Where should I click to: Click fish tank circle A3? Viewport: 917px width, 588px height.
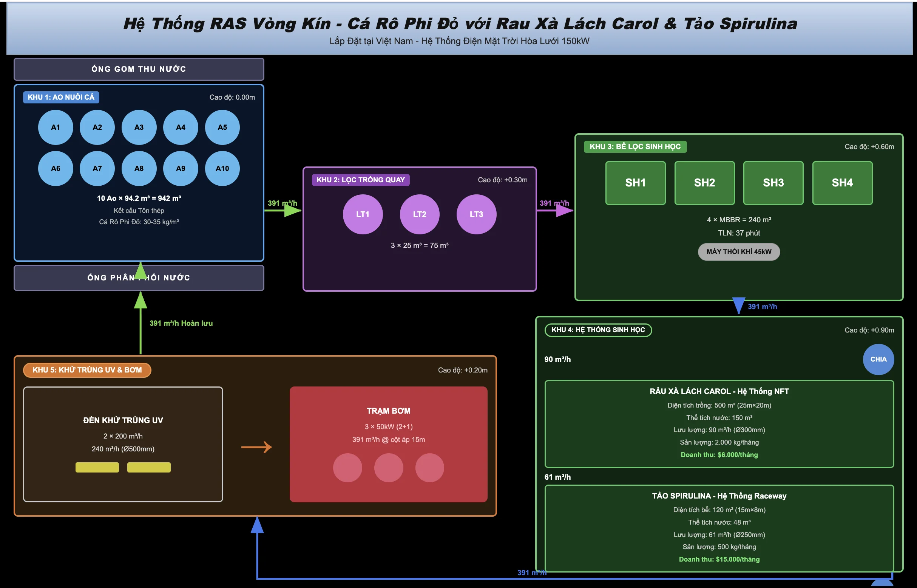139,127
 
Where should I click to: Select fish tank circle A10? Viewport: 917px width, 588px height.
222,168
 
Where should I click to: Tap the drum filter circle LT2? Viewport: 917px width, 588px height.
420,214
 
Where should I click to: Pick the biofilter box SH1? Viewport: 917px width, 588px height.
635,183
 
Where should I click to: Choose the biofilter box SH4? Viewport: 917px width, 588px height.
843,183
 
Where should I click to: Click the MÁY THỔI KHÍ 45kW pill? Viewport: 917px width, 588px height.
739,252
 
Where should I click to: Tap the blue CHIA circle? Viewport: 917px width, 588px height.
878,359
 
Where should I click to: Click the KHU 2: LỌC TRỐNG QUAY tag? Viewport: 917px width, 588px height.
361,180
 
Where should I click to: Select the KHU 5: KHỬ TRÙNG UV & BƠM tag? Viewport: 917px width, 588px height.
87,370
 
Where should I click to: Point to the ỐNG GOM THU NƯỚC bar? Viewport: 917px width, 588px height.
139,69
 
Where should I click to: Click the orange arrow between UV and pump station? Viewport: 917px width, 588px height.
256,447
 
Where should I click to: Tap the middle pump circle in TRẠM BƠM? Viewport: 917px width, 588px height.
389,468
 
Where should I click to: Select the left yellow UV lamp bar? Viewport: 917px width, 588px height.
97,467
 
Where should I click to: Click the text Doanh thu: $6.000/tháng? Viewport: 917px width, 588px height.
719,455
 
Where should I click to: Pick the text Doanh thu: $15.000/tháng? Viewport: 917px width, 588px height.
719,559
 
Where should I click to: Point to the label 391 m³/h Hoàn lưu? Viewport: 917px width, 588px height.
181,323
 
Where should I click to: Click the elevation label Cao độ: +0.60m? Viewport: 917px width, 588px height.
869,146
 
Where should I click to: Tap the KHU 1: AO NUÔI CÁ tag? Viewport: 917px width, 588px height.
61,97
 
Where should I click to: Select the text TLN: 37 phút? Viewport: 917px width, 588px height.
739,233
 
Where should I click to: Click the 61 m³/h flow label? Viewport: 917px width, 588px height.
557,477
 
